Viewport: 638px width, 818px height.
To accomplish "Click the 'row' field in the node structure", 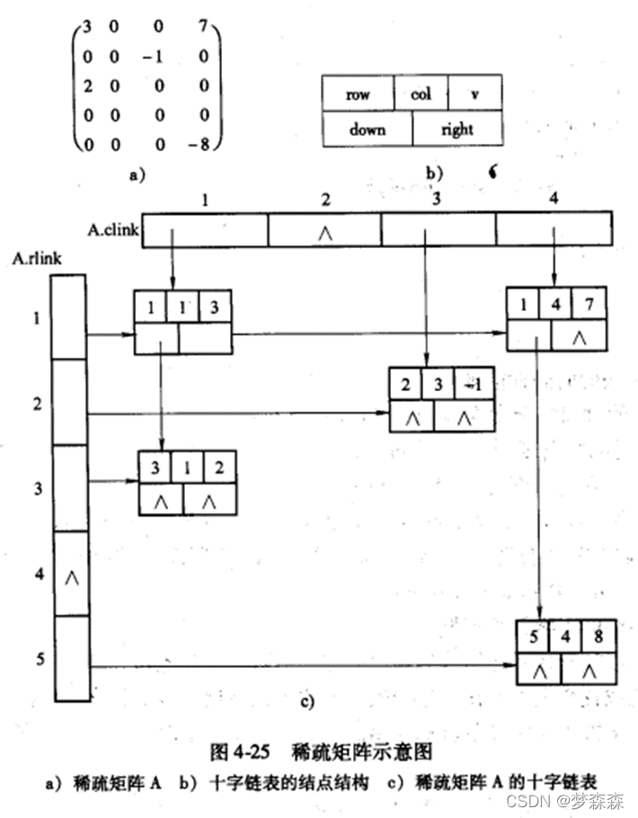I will click(x=358, y=93).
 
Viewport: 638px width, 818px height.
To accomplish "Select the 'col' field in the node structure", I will click(x=421, y=93).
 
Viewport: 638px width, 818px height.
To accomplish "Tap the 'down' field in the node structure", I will click(x=368, y=129).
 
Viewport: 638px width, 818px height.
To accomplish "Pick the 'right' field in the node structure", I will click(x=456, y=129).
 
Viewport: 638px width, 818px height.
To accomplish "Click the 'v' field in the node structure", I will click(x=474, y=93).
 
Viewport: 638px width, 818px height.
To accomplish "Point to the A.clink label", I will click(x=113, y=230).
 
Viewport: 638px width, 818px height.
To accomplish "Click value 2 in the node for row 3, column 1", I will click(x=219, y=467).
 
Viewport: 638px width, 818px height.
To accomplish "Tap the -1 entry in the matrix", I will click(x=150, y=56).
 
